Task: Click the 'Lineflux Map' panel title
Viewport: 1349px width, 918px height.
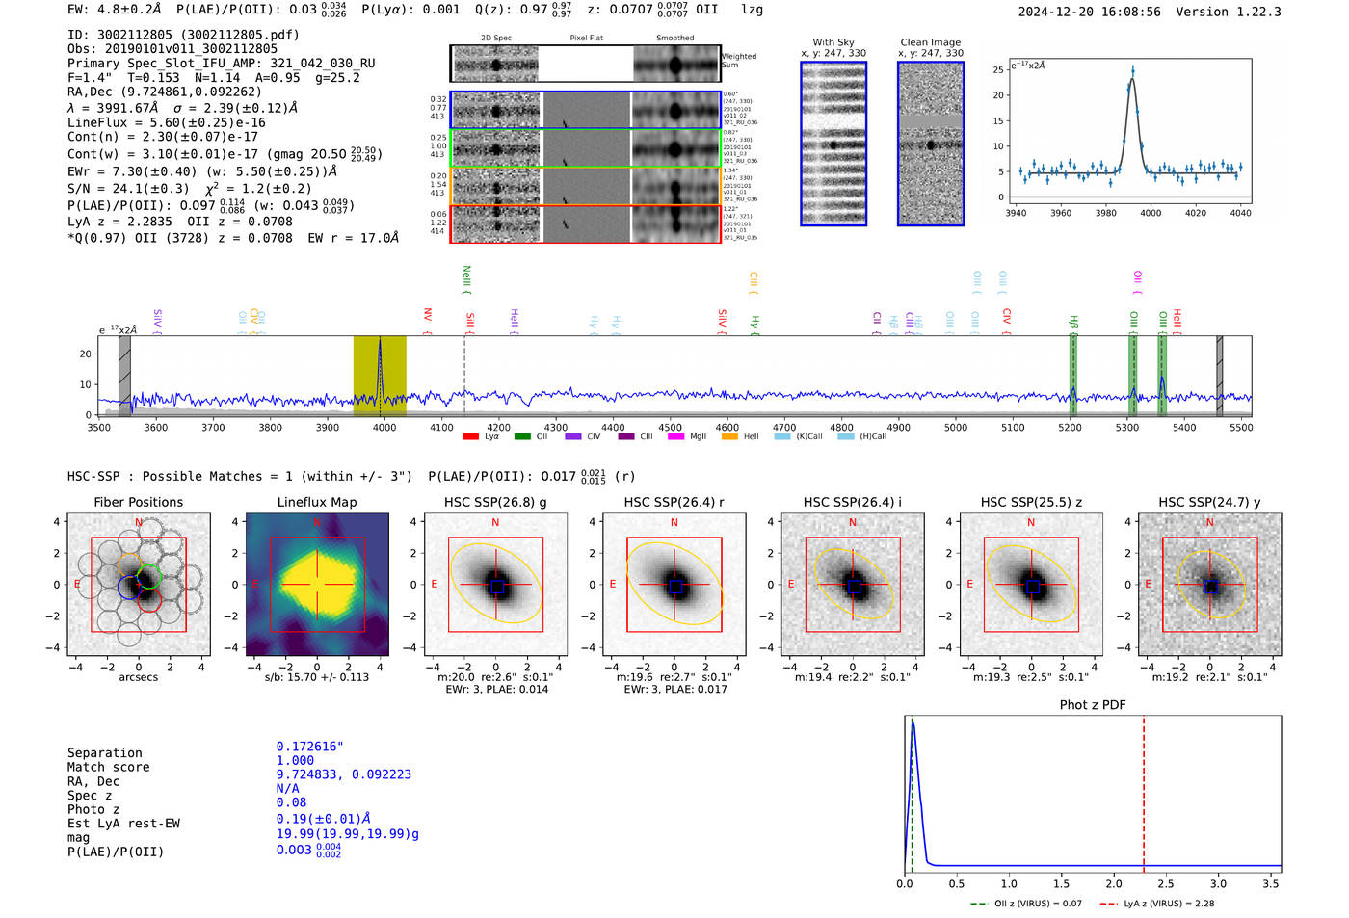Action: [316, 502]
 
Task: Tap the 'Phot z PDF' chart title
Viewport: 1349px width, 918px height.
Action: [1093, 705]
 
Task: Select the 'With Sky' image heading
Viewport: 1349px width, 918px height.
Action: [833, 42]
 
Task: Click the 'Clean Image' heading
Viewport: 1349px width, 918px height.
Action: [930, 42]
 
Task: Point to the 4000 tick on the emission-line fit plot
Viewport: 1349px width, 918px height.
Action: [1151, 213]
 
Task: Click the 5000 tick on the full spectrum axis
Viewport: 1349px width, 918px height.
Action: [955, 428]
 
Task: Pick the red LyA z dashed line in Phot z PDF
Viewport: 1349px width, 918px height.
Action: [1144, 790]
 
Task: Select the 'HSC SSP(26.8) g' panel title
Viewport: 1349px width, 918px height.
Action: [495, 502]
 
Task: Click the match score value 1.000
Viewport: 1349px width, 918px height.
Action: [295, 761]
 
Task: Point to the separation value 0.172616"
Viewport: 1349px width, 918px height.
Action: [309, 747]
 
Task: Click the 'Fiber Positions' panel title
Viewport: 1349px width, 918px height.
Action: [138, 502]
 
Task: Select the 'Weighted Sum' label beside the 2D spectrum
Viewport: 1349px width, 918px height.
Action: [739, 61]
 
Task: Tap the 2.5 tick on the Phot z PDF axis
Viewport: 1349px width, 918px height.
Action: [1165, 883]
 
